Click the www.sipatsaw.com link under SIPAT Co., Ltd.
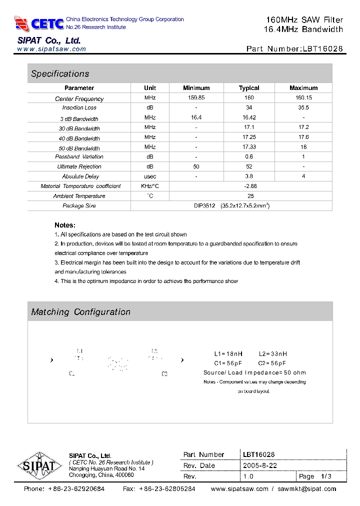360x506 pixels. click(51, 49)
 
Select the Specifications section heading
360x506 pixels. click(60, 74)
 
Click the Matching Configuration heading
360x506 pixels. click(80, 312)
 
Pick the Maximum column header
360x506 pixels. click(303, 88)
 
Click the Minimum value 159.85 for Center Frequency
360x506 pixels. click(196, 98)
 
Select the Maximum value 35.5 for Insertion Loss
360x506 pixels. click(303, 107)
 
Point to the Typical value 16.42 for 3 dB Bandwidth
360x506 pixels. click(249, 117)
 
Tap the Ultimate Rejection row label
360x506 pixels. click(79, 166)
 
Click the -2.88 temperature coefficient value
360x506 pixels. click(249, 186)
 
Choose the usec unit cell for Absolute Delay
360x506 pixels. click(150, 176)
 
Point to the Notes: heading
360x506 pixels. click(65, 225)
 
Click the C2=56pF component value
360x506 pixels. click(272, 363)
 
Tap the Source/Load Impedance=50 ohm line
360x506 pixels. click(254, 372)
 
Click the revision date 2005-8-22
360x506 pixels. click(260, 465)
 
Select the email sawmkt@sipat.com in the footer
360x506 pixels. click(306, 489)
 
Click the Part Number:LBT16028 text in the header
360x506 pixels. click(294, 49)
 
